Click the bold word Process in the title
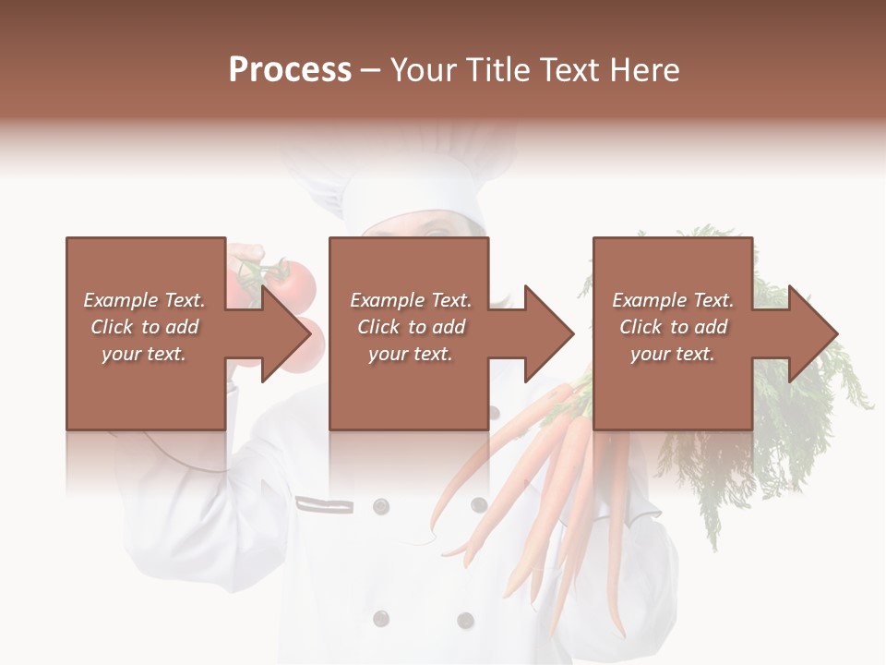pyautogui.click(x=290, y=70)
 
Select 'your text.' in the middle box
pyautogui.click(x=410, y=354)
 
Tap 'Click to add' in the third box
pyautogui.click(x=673, y=327)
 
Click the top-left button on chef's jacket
pyautogui.click(x=380, y=505)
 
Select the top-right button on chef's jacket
pyautogui.click(x=479, y=504)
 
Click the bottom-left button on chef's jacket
pyautogui.click(x=380, y=619)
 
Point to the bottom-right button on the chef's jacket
pyautogui.click(x=466, y=621)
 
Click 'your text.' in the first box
pyautogui.click(x=143, y=354)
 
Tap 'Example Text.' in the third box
pyautogui.click(x=673, y=300)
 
